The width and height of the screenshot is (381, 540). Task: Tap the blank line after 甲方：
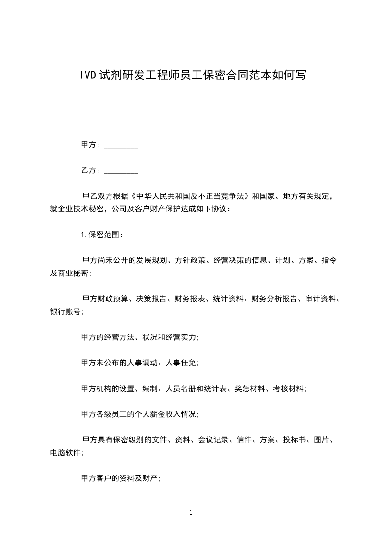tap(121, 145)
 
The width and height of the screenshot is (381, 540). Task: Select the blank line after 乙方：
tap(121, 170)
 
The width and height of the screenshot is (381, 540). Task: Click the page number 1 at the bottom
tap(191, 513)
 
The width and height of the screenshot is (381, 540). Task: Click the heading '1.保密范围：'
tap(102, 235)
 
